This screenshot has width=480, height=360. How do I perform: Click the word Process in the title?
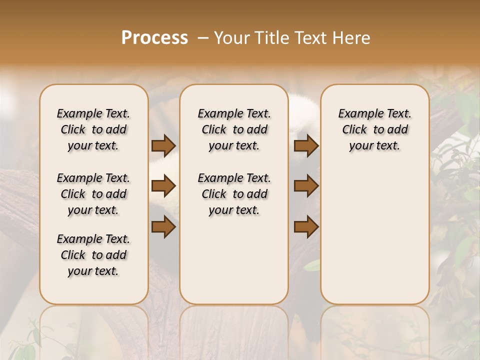coord(154,37)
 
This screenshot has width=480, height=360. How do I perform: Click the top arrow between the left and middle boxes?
coord(163,146)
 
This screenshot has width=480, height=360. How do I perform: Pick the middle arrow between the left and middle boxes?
coord(163,186)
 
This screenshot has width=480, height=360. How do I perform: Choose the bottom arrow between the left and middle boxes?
coord(163,227)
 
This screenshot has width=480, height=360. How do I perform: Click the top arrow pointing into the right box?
coord(306,146)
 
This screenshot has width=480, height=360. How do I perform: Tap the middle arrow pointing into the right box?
coord(306,186)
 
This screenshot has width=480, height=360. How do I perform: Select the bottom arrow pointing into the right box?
coord(306,227)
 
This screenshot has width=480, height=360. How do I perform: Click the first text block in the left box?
coord(93,129)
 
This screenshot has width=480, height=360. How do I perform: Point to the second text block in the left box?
coord(93,194)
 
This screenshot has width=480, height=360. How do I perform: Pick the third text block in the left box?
coord(93,255)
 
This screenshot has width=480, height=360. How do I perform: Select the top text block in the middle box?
coord(234,129)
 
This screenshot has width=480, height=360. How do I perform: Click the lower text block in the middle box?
coord(234,194)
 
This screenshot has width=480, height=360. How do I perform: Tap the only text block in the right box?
coord(375,129)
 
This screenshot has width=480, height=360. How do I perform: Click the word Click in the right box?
coord(354,130)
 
